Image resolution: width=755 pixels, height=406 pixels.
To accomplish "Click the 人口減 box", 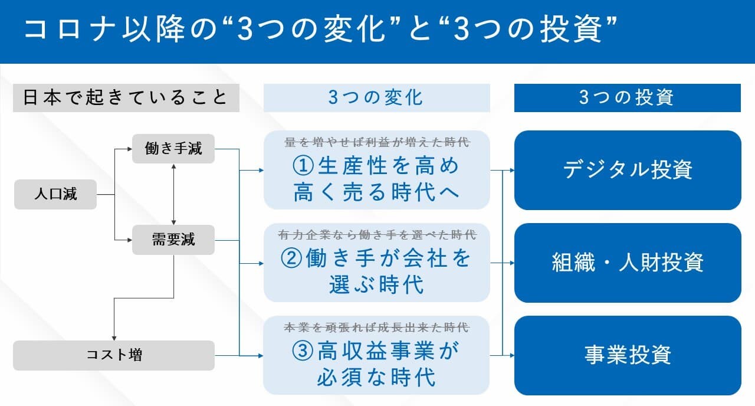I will point(55,194).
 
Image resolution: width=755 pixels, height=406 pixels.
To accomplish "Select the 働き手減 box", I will point(173,149).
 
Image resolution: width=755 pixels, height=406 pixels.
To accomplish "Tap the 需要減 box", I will point(173,240).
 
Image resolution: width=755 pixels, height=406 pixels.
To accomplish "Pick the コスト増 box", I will point(114,355).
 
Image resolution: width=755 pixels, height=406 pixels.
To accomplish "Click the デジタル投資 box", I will point(628,170).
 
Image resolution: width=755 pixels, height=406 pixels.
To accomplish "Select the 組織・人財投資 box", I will point(628,263).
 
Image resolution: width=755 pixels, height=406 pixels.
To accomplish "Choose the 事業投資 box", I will point(628,355).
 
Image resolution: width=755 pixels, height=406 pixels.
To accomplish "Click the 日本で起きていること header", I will point(126,97).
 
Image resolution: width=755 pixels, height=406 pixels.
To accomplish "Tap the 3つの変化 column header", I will point(376,97).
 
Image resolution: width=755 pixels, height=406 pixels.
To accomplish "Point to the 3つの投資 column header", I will point(627,97).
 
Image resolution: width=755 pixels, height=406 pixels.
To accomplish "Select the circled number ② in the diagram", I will point(291,259).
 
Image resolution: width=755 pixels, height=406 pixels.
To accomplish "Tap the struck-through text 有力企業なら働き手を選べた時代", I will point(377,234).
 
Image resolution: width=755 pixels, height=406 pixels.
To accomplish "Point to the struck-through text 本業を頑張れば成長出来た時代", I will point(377,327).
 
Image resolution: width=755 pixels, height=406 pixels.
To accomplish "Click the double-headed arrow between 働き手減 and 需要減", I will point(173,194).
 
